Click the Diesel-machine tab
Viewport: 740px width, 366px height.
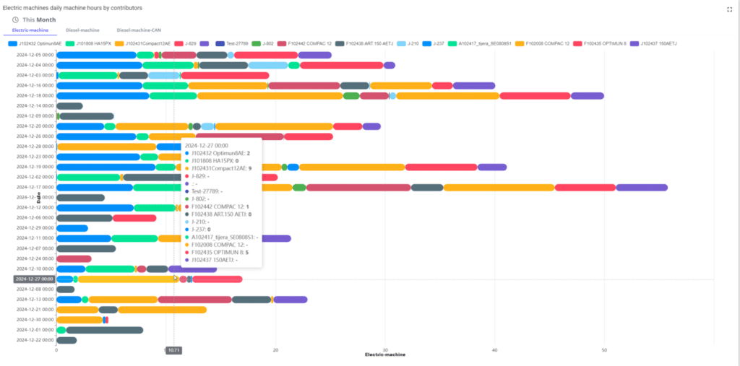(82, 30)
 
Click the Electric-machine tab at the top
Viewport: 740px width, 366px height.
(30, 30)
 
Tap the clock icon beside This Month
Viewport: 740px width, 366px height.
(15, 19)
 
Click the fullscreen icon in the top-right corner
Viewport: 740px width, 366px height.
(729, 9)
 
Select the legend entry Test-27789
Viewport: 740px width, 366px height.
(231, 44)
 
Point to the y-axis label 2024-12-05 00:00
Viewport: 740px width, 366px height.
(35, 55)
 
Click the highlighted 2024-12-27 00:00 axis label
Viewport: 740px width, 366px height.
(35, 279)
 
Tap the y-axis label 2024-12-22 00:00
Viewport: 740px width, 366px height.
(35, 340)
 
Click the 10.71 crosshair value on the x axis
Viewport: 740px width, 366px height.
(173, 349)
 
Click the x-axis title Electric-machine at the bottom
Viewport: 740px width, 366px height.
(385, 354)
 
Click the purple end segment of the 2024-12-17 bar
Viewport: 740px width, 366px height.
(641, 188)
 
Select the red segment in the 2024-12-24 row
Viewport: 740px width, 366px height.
(74, 258)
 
